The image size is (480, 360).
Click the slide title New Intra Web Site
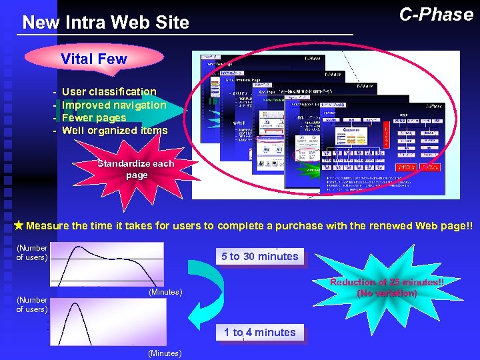[x=105, y=23]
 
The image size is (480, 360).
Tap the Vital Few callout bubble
[x=93, y=59]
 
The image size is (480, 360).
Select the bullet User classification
[x=109, y=91]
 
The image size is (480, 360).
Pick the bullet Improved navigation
[x=113, y=105]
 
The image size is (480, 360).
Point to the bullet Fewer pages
[x=93, y=117]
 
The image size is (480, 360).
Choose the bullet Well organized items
[x=114, y=131]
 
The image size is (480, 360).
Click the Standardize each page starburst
[x=135, y=169]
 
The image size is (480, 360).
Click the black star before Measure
[x=19, y=226]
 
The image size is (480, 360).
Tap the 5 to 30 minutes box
[x=259, y=256]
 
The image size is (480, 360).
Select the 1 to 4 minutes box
[x=259, y=332]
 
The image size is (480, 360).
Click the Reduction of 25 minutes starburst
[x=387, y=287]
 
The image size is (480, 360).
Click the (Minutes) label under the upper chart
[x=165, y=293]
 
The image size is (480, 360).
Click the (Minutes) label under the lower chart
[x=164, y=353]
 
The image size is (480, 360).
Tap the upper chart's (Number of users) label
[x=32, y=253]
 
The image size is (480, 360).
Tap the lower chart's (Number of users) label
[x=32, y=305]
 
